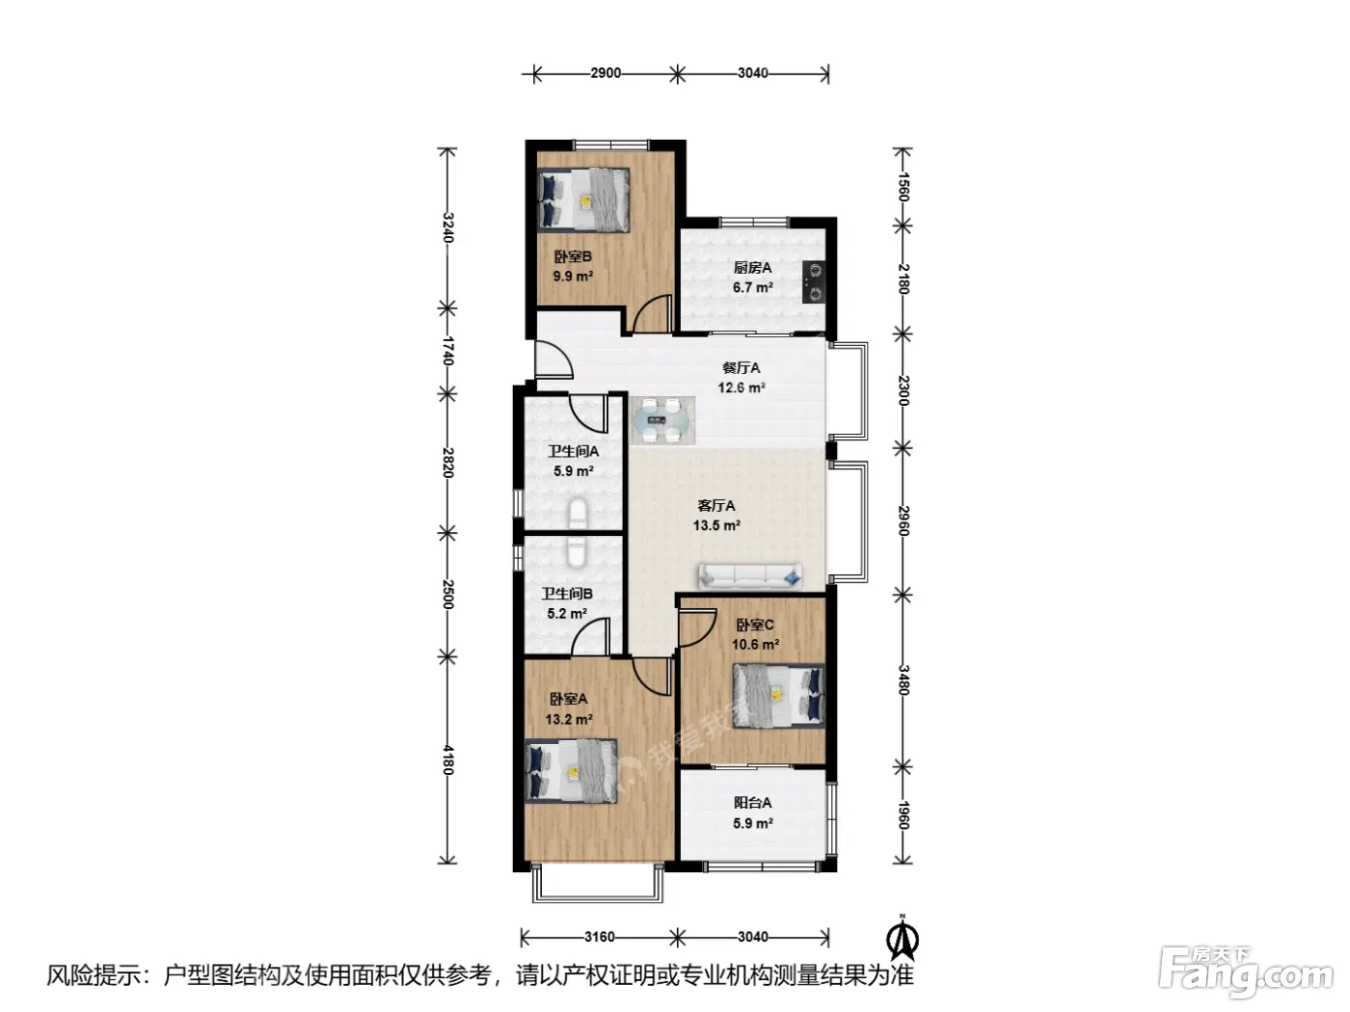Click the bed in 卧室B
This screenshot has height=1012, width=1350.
click(583, 200)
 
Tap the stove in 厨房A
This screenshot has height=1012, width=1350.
click(815, 282)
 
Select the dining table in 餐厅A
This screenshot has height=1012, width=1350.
click(662, 420)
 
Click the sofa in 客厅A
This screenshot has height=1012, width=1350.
click(749, 576)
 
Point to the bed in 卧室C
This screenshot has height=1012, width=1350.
click(778, 696)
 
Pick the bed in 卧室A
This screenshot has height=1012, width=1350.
click(570, 770)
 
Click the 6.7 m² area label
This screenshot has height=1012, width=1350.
click(752, 287)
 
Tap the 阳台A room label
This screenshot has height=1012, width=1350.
click(752, 803)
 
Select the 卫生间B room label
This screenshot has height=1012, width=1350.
click(566, 594)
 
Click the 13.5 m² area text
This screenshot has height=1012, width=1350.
click(715, 525)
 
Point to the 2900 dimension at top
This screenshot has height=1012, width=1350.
click(606, 73)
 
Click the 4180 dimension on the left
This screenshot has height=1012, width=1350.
click(447, 760)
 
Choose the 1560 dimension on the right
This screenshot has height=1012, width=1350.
click(903, 186)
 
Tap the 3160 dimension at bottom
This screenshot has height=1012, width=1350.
click(599, 937)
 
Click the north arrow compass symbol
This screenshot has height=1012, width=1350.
click(903, 938)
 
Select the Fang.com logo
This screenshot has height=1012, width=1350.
click(1246, 972)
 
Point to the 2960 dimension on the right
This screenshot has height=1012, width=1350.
click(903, 521)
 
